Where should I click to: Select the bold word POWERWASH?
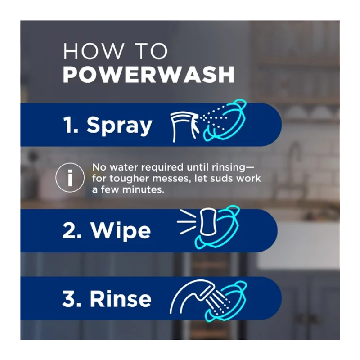pos(148,74)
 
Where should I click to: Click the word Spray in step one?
pos(119,126)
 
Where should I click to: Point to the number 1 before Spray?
pos(68,125)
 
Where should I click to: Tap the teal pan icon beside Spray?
pos(224,120)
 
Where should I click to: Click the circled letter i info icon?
pos(70,177)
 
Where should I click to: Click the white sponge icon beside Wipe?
pos(208,222)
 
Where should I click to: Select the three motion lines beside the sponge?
pos(186,222)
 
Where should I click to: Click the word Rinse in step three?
pos(121,298)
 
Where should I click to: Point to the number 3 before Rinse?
pos(69,298)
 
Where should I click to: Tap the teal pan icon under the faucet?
pos(226,301)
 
